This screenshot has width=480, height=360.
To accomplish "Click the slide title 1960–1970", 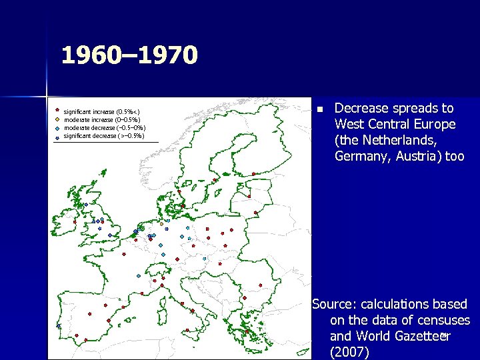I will click(129, 55).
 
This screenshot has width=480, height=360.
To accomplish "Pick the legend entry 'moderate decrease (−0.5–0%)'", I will click(104, 127).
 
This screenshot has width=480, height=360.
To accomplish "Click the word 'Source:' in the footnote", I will click(333, 305).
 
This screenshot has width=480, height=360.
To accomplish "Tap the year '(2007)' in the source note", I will click(349, 353).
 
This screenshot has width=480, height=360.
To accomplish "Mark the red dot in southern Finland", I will click(253, 174).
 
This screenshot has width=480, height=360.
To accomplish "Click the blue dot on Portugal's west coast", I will click(58, 326).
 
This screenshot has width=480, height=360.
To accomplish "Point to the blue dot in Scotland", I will click(85, 204).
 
